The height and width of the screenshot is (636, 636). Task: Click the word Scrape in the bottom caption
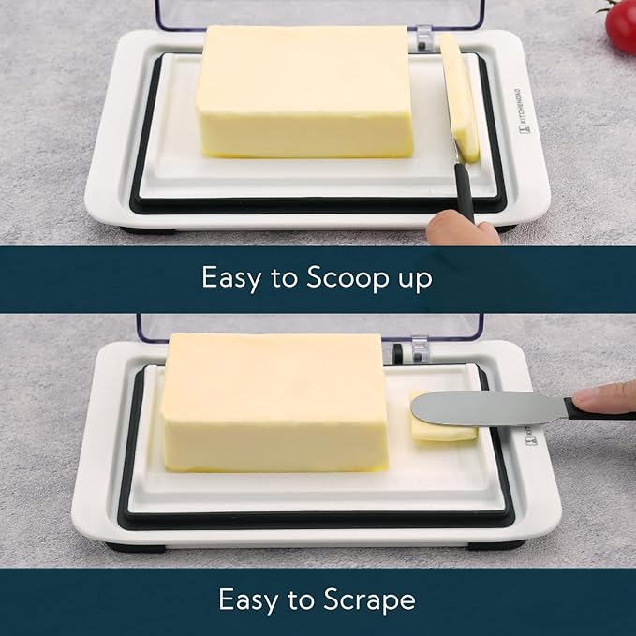(371, 599)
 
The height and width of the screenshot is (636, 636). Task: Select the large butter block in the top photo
(303, 91)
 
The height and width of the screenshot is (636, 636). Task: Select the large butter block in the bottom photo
(274, 401)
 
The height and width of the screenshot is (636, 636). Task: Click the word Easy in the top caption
(229, 278)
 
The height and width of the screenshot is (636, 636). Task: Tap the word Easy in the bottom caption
(245, 599)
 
